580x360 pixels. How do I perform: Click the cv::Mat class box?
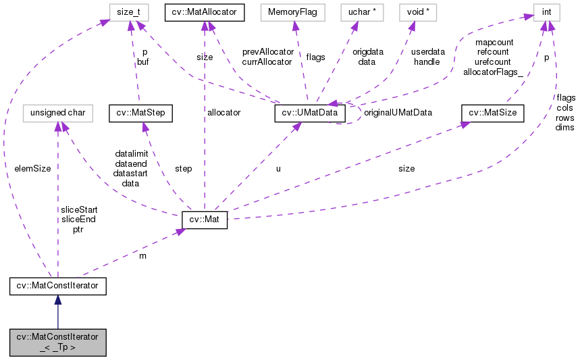[x=205, y=220]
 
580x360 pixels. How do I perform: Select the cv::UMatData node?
[x=311, y=113]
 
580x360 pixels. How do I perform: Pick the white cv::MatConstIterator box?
[x=57, y=286]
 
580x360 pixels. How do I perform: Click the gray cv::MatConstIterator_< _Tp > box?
[x=57, y=342]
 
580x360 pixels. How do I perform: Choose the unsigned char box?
[x=57, y=113]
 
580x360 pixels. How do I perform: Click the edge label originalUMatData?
[x=397, y=112]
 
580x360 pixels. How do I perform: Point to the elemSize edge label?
[x=32, y=168]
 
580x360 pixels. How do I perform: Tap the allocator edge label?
[x=223, y=113]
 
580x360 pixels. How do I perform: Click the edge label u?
[x=278, y=168]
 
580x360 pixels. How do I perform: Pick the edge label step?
[x=183, y=168]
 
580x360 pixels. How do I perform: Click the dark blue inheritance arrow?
[x=57, y=313]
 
